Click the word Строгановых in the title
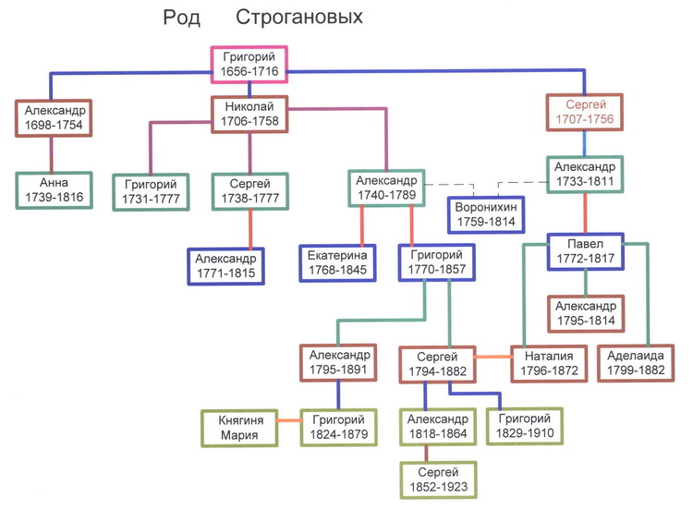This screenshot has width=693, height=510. point(299,18)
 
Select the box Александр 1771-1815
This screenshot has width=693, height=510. point(227,265)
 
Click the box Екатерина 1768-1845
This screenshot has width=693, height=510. point(338,263)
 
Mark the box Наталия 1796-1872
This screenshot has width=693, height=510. point(550,360)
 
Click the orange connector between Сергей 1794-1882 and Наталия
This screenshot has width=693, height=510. point(492,355)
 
